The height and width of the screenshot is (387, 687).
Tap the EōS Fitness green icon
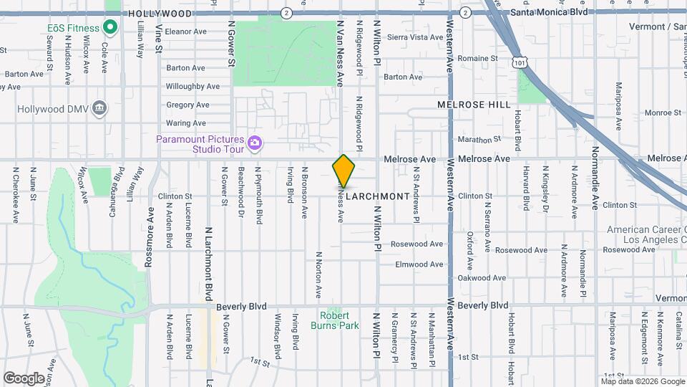coord(109,29)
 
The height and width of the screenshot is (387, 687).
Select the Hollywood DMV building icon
coord(99,108)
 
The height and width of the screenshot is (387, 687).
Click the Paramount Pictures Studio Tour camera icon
coord(254,144)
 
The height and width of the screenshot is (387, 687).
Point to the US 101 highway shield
coord(517,63)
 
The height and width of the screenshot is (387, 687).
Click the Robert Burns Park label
coord(335,320)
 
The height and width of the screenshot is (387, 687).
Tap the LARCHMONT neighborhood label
coord(378,196)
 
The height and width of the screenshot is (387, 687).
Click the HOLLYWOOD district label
coord(160,14)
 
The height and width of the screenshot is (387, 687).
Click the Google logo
coord(24,378)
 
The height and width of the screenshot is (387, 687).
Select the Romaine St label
coord(477,58)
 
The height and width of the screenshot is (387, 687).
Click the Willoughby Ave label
coord(193,86)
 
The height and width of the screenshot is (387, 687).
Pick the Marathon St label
coord(479,140)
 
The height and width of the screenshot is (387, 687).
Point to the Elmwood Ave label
coord(419,264)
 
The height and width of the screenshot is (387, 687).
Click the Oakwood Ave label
coord(482,278)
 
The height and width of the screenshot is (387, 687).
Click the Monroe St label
coord(663,113)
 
